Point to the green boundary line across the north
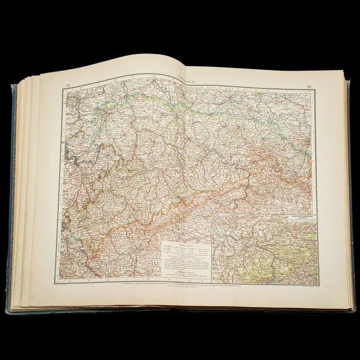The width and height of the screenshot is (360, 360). coord(225,101)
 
